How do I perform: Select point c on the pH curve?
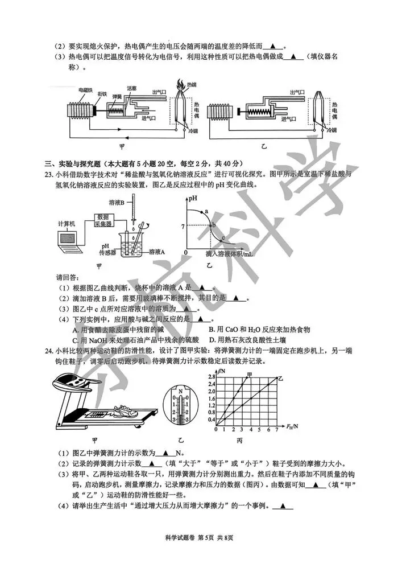point(223,238)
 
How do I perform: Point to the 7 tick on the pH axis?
point(183,226)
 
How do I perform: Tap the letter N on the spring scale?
point(181,392)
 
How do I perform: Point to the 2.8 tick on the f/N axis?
point(211,377)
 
